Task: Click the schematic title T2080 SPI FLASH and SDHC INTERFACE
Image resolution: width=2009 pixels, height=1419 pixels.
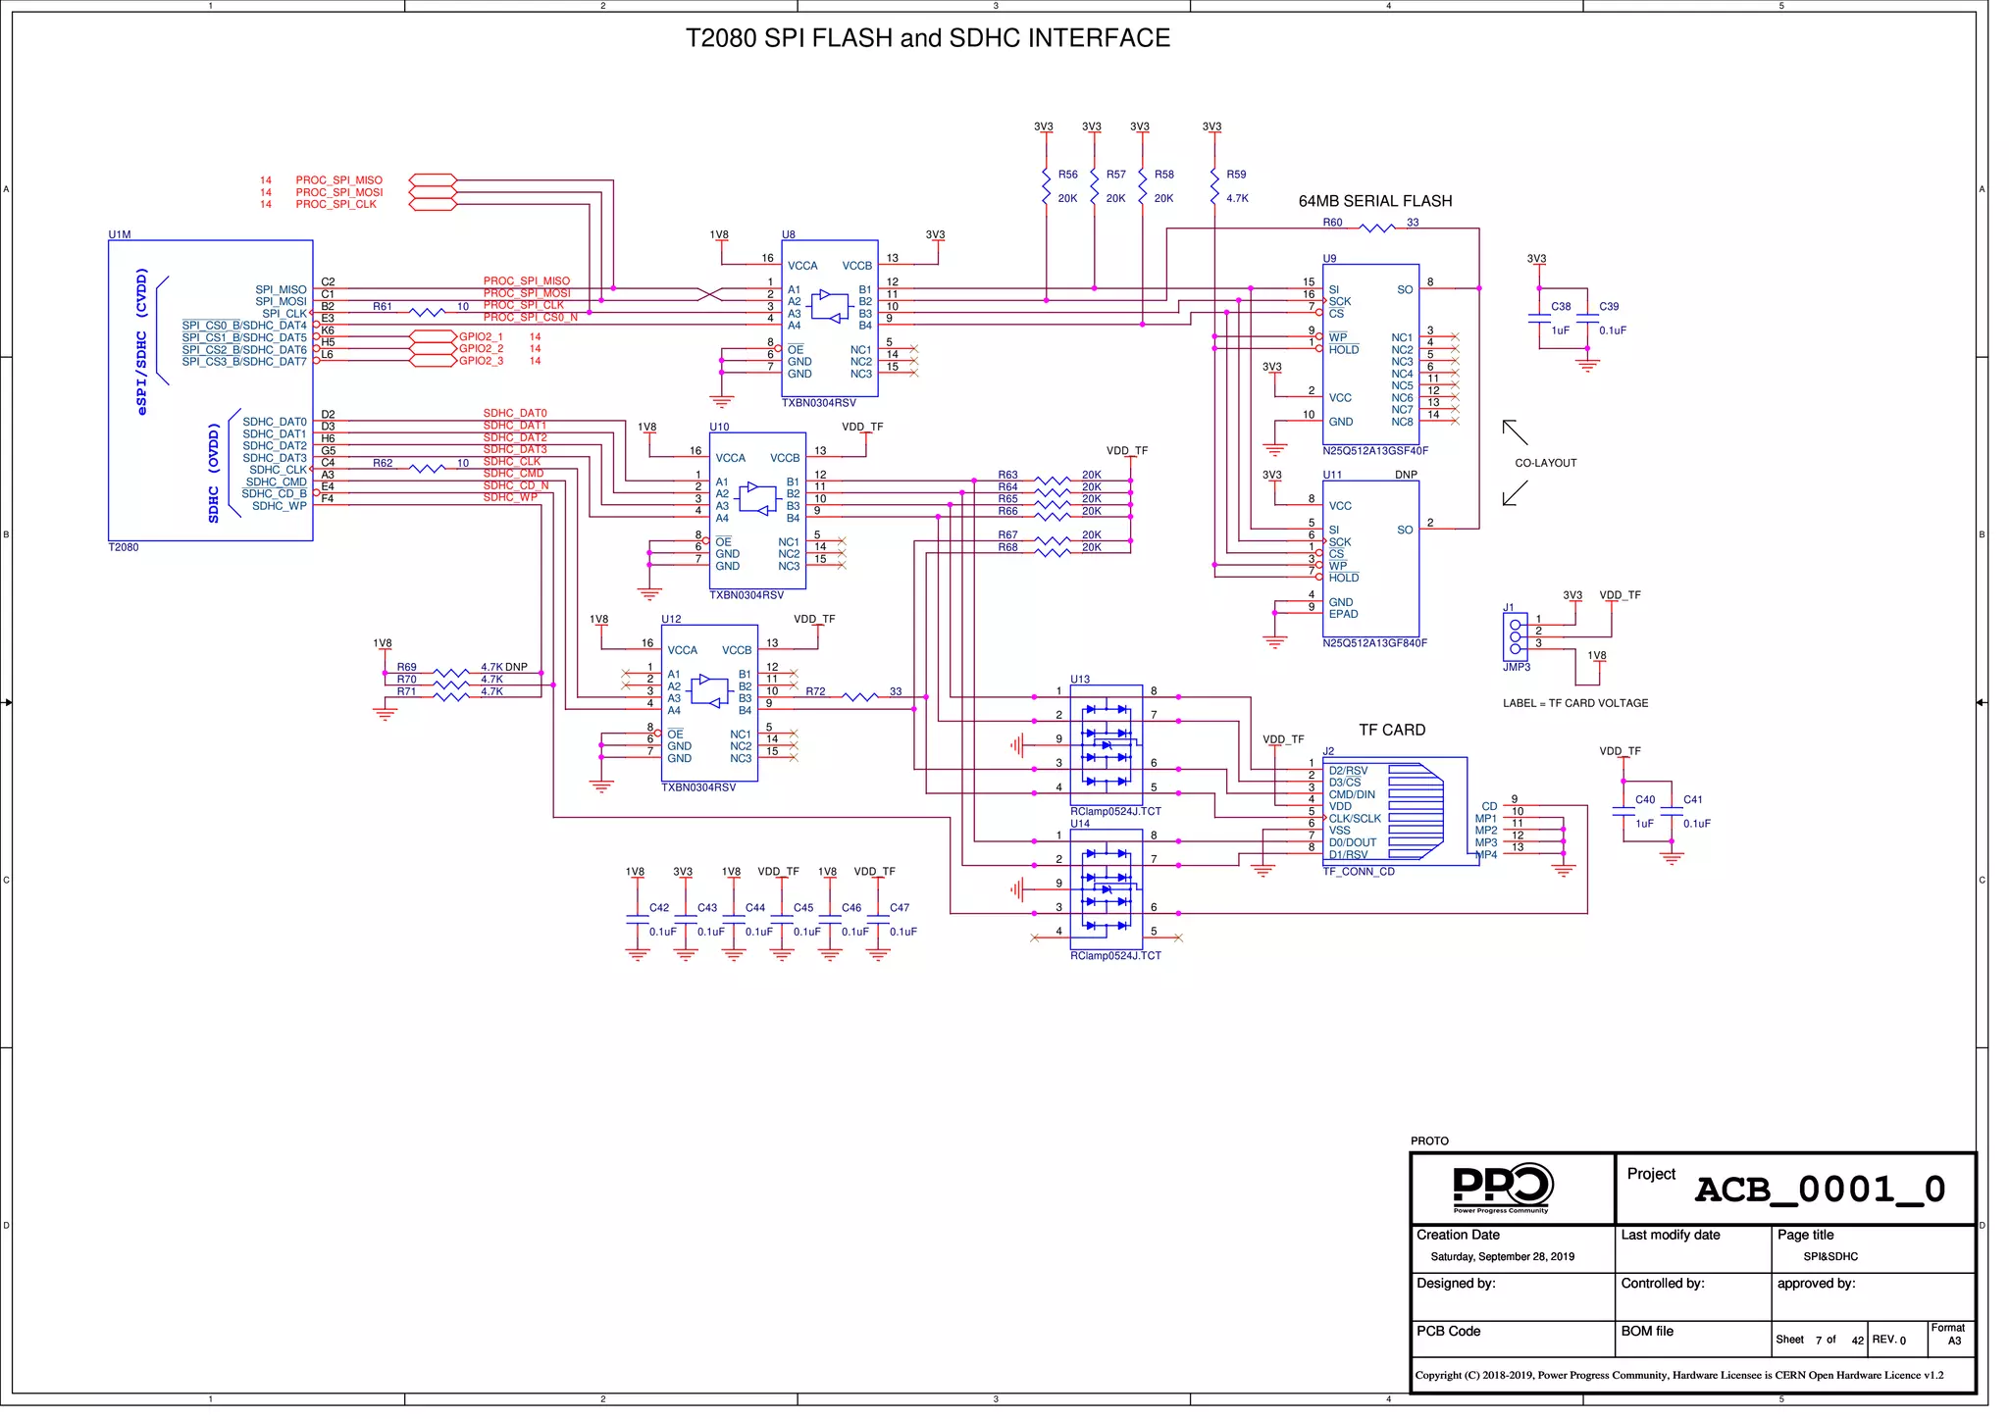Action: (927, 38)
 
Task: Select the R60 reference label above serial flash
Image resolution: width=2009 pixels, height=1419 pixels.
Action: (1332, 223)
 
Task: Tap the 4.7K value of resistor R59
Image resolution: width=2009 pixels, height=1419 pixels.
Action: (1237, 198)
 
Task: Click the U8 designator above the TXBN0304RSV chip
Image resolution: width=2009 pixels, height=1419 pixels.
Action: (789, 235)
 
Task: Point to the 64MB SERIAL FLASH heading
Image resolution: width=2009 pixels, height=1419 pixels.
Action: (1374, 201)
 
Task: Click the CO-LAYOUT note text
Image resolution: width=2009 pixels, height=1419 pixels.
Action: (1545, 463)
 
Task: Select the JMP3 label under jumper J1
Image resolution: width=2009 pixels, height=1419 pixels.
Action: (1516, 667)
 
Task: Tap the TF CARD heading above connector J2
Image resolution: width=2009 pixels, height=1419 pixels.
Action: (1391, 730)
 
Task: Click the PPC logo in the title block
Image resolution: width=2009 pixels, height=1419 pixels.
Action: (1501, 1187)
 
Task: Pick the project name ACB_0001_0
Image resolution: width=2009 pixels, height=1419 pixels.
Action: (1820, 1190)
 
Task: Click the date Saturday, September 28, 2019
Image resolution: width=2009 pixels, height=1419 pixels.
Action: (1502, 1257)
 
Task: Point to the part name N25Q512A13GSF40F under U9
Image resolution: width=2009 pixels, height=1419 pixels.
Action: (1374, 451)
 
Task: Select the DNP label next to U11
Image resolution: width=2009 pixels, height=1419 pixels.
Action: (1406, 475)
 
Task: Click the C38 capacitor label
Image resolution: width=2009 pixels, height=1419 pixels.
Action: (1561, 307)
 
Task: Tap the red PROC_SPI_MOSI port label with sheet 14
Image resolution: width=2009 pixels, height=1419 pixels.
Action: (338, 192)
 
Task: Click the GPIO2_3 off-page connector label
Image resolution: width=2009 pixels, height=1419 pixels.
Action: (481, 361)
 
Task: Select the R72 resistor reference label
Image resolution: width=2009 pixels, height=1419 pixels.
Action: (815, 691)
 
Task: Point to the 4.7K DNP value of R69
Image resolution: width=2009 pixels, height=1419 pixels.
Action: (503, 667)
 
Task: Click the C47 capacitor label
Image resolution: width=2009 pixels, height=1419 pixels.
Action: (900, 908)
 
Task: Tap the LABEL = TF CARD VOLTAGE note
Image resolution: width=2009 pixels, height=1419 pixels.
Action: (1575, 703)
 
